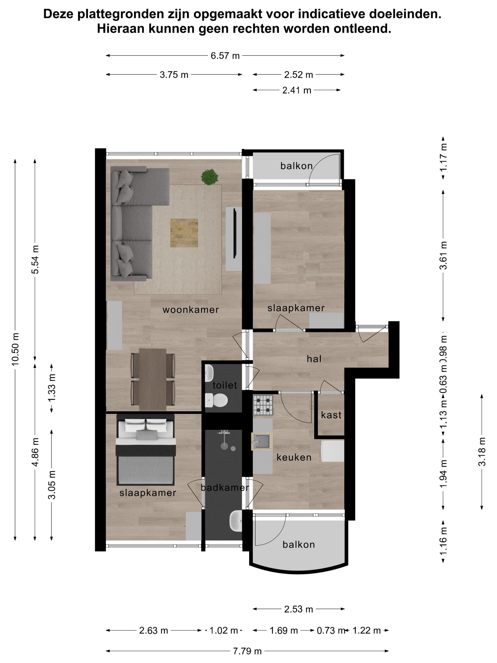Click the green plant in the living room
(x=209, y=177)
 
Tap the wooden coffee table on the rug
(x=184, y=233)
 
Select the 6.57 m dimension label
(x=225, y=56)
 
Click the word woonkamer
(x=191, y=310)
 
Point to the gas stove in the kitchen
(x=263, y=405)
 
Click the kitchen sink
(x=262, y=442)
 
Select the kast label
(x=331, y=415)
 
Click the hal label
(x=314, y=359)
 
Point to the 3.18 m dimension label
(x=482, y=452)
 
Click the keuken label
(x=294, y=457)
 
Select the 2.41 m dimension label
(x=297, y=90)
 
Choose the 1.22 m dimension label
(x=366, y=631)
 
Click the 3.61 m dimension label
(x=443, y=255)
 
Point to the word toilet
(x=225, y=385)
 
